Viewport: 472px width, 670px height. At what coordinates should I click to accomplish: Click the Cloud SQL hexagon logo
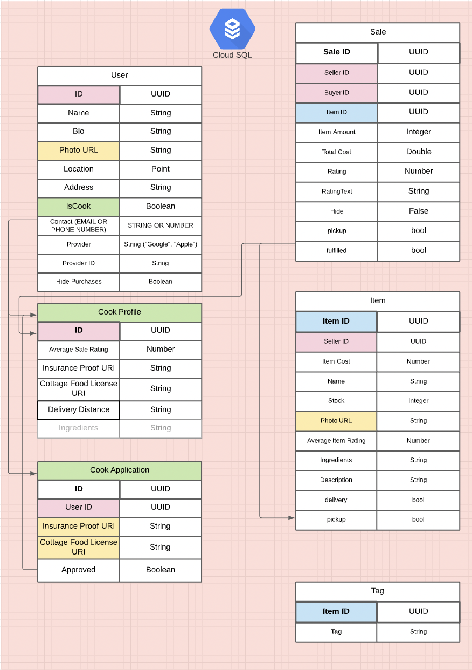tap(232, 29)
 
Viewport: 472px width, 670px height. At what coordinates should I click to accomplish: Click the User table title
tap(120, 76)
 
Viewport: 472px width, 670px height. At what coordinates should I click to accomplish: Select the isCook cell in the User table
tap(79, 207)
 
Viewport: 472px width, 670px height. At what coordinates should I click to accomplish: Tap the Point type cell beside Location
tap(161, 169)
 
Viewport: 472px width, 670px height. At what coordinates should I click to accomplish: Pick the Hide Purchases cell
tap(79, 282)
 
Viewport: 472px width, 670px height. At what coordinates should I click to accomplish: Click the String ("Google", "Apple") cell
tap(161, 244)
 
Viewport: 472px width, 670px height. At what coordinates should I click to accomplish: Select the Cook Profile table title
tap(120, 312)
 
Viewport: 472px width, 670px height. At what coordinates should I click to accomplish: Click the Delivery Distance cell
tap(79, 410)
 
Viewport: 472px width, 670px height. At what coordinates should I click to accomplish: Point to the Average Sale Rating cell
tap(79, 350)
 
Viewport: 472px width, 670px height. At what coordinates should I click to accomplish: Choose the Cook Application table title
tap(120, 470)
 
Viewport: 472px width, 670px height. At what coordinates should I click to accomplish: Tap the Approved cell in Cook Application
tap(79, 570)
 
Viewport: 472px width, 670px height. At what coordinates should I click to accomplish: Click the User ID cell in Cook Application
tap(79, 508)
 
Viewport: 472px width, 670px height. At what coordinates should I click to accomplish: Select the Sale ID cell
tap(337, 52)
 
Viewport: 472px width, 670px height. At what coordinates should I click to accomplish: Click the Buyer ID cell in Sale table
tap(337, 93)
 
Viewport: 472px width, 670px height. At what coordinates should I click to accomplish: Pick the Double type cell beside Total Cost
tap(419, 152)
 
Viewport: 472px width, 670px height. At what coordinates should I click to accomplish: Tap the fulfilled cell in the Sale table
tap(337, 251)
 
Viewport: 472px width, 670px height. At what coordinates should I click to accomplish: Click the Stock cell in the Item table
tap(336, 401)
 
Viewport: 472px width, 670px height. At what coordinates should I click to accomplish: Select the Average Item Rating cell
tap(336, 441)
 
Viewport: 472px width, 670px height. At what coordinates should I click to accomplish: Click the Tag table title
tap(378, 591)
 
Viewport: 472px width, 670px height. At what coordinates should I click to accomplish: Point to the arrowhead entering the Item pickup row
tap(291, 518)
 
